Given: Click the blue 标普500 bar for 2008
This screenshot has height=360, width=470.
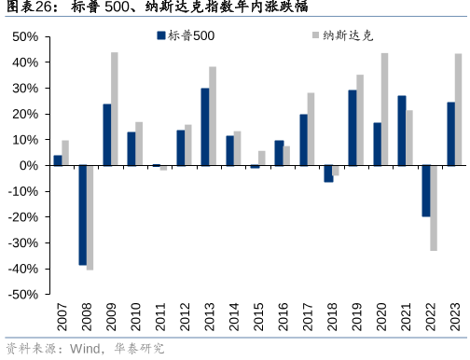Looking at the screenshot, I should click(x=83, y=215).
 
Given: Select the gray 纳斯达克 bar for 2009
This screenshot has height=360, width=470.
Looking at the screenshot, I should click(x=115, y=109).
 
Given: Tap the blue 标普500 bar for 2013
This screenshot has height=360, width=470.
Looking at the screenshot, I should click(x=205, y=127).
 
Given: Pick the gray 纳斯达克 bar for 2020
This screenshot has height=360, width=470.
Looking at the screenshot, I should click(x=384, y=109).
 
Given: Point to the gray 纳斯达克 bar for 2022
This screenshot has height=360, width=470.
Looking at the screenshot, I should click(x=434, y=208).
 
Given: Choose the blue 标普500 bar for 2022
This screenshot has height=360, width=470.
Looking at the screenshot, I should click(x=426, y=191).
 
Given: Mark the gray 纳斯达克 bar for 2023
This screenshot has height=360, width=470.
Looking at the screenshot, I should click(x=459, y=109).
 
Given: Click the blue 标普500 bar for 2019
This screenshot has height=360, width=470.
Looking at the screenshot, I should click(x=352, y=128).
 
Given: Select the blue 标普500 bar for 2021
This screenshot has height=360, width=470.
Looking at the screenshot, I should click(x=402, y=131).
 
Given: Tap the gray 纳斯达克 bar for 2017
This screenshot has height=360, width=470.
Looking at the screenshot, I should click(x=311, y=129).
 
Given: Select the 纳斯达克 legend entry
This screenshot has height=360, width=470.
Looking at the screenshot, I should click(x=341, y=35).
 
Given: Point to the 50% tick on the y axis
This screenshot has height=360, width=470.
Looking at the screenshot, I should click(x=26, y=37).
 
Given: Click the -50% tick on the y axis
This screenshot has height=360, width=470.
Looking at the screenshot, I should click(x=24, y=295).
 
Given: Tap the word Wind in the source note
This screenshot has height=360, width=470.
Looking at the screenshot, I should click(x=83, y=350).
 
